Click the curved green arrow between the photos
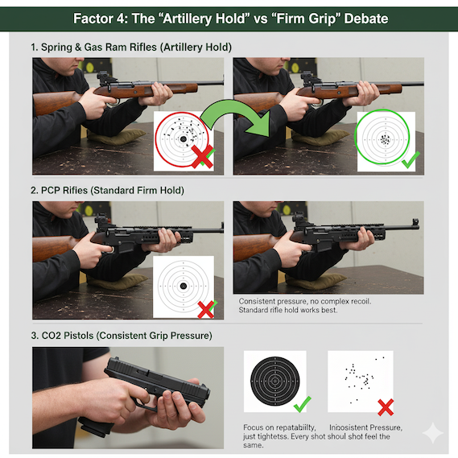231,109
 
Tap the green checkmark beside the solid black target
303,404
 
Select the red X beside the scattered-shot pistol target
386,407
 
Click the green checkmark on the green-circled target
411,159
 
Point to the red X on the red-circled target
202,157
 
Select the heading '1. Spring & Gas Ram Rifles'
94,47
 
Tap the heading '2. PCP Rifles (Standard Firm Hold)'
108,191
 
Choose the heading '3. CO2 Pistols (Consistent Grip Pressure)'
122,336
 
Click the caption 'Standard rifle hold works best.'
288,310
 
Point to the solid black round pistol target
274,381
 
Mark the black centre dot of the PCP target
184,286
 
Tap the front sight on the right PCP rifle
415,222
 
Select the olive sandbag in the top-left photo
116,136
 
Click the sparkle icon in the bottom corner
433,433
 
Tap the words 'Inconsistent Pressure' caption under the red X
365,427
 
